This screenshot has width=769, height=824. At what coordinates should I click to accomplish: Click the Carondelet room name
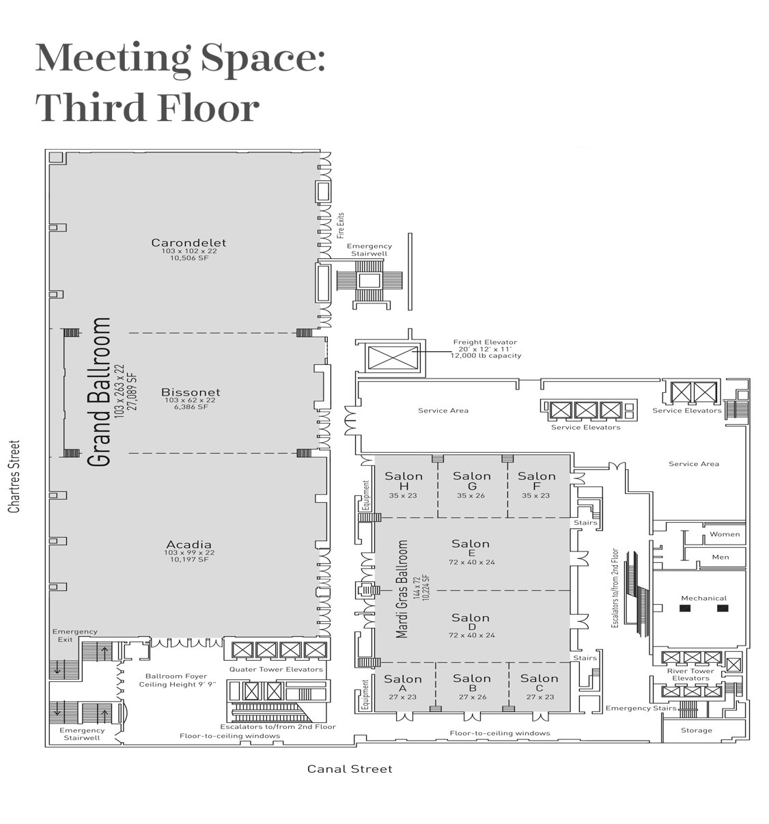(188, 243)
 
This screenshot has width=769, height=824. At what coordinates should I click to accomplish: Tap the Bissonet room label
(191, 392)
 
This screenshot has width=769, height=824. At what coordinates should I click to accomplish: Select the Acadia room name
(188, 544)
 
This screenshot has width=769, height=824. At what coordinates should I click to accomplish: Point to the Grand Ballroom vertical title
(99, 392)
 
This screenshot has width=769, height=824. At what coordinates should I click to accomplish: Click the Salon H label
(404, 480)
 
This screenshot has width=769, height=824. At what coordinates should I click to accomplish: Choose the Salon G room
(472, 480)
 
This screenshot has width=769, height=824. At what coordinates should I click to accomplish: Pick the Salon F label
(536, 480)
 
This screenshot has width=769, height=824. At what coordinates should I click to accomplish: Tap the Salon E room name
(471, 548)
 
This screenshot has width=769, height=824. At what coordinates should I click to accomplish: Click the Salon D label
(471, 622)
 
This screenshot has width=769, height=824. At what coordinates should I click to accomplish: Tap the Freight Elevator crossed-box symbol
(392, 357)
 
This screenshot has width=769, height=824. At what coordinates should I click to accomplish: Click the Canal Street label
(350, 769)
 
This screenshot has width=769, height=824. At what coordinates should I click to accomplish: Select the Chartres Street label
(14, 476)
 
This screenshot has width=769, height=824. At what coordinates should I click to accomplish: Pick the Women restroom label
(724, 534)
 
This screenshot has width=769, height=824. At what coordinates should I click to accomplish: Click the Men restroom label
(720, 557)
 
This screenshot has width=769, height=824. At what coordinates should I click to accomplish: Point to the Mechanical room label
(703, 598)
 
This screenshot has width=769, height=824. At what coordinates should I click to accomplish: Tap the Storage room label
(696, 730)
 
